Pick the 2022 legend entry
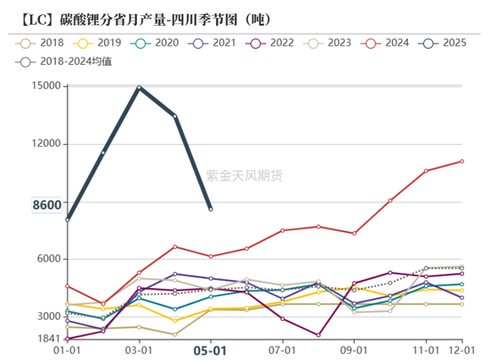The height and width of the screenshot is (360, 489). (x=273, y=42)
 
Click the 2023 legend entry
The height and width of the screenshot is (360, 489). (x=332, y=42)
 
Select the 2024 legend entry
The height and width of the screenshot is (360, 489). (x=390, y=42)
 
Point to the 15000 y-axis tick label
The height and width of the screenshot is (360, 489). (x=44, y=86)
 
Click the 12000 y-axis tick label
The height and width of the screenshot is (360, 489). (x=44, y=144)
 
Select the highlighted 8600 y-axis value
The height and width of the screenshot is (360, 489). (x=45, y=205)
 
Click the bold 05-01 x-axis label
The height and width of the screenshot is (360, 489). (x=211, y=350)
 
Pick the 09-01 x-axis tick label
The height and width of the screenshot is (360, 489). (x=354, y=350)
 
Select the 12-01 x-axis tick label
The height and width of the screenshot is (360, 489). (x=461, y=350)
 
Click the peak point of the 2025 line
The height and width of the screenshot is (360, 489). (x=140, y=87)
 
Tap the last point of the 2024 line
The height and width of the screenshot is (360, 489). (x=461, y=161)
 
